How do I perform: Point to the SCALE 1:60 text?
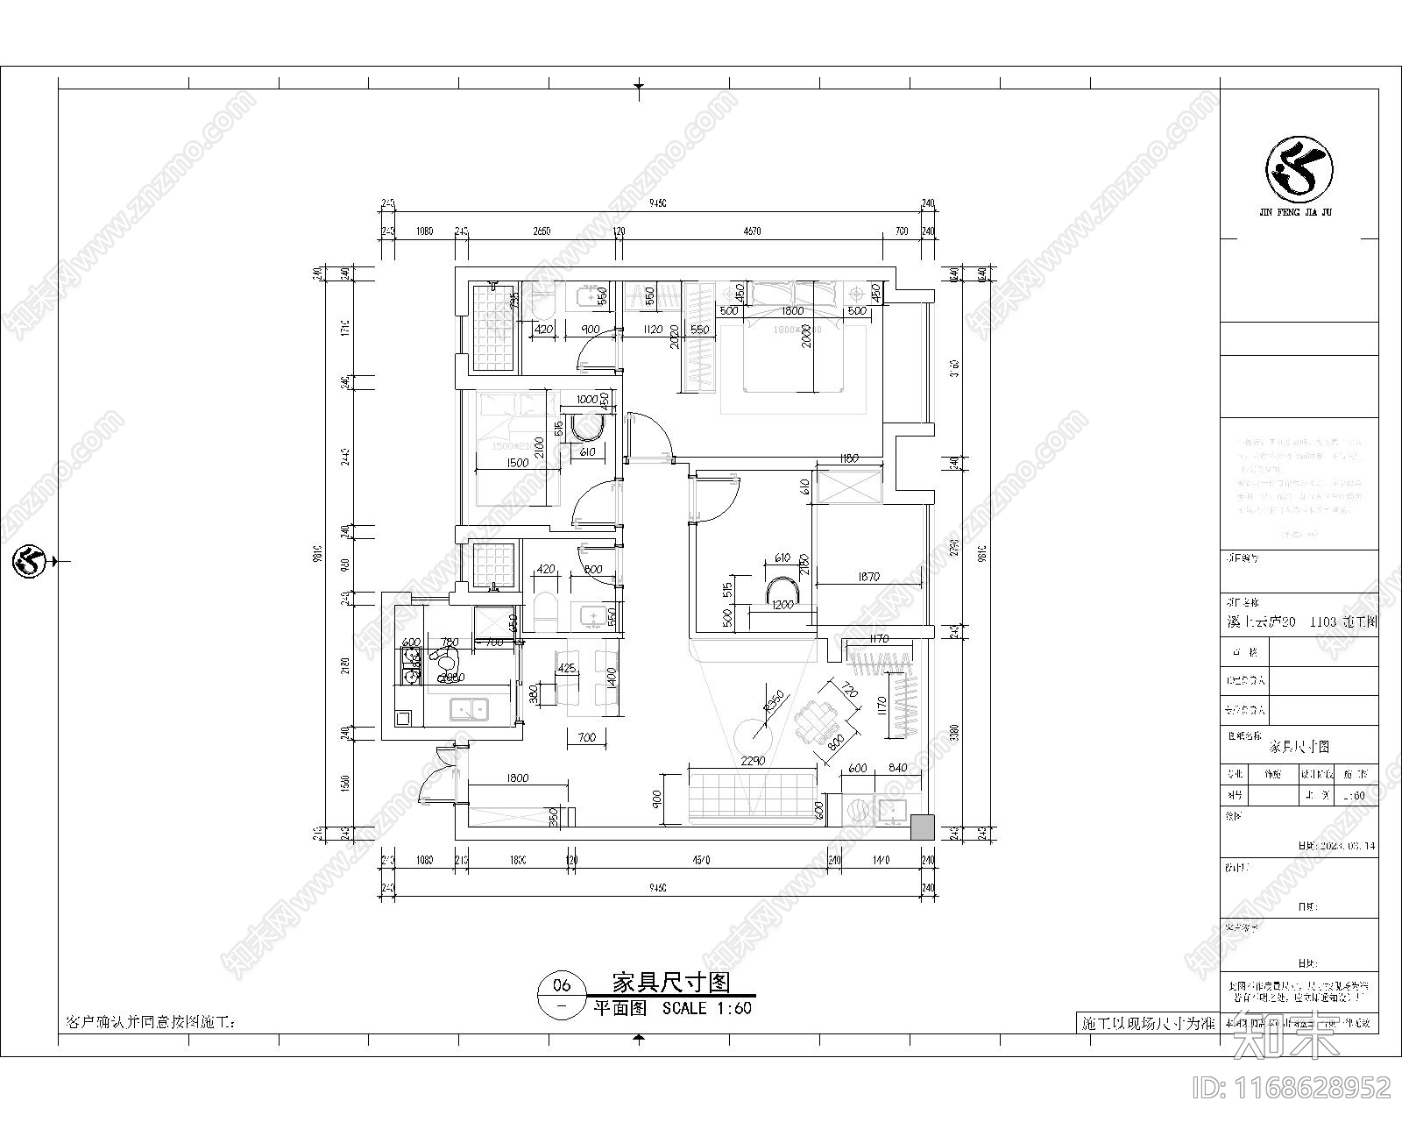pyautogui.click(x=706, y=1008)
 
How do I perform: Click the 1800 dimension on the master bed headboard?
pyautogui.click(x=792, y=311)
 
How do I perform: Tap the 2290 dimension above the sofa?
pyautogui.click(x=753, y=761)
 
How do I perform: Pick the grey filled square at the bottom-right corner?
pyautogui.click(x=922, y=827)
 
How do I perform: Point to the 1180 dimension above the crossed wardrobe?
pyautogui.click(x=847, y=458)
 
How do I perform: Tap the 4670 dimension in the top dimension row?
pyautogui.click(x=751, y=231)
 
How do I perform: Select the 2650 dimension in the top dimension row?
pyautogui.click(x=541, y=231)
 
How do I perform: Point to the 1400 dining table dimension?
pyautogui.click(x=612, y=677)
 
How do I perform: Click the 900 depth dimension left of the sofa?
pyautogui.click(x=657, y=799)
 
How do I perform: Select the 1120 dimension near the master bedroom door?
pyautogui.click(x=650, y=330)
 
